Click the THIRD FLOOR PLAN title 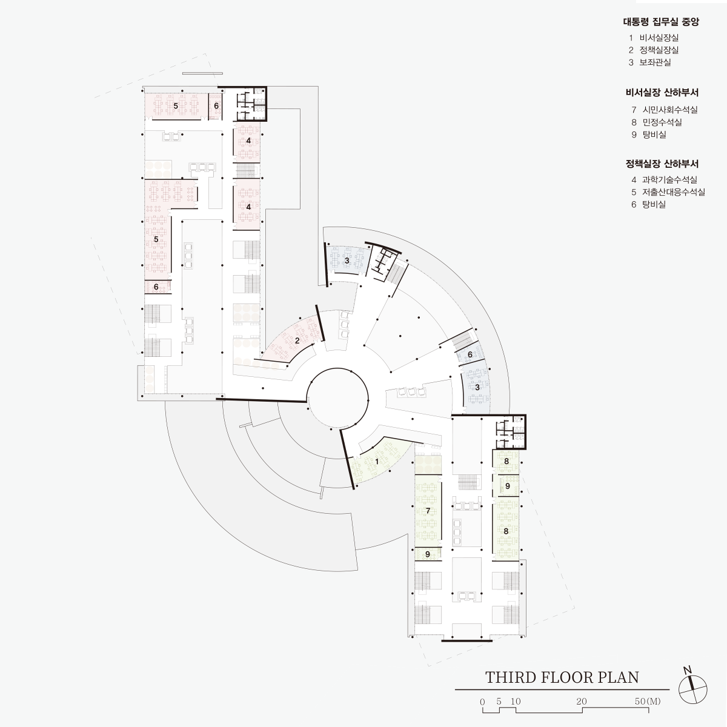[x=562, y=677]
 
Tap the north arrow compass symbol [x=692, y=689]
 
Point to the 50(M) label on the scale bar [x=648, y=702]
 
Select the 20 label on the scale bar [x=582, y=702]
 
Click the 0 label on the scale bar [x=482, y=702]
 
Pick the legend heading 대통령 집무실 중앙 [x=661, y=21]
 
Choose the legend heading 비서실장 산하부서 [x=662, y=93]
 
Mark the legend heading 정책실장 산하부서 [x=662, y=164]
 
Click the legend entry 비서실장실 [x=659, y=38]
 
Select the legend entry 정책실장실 [x=659, y=50]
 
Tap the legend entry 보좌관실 [x=656, y=62]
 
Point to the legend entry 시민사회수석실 [x=670, y=110]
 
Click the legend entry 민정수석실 [x=662, y=122]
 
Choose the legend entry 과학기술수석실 [x=669, y=180]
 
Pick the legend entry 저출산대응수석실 [x=674, y=192]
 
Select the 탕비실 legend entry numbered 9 [x=654, y=134]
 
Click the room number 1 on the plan [x=376, y=462]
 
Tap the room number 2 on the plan [x=297, y=340]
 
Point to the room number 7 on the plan [x=428, y=511]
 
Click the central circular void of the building [x=337, y=399]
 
